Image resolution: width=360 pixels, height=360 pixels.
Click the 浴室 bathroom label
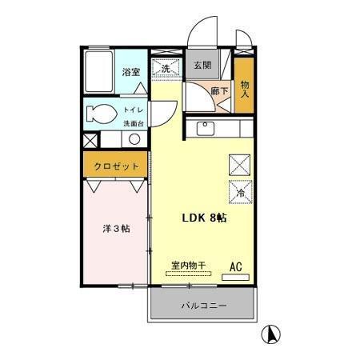tap(132, 72)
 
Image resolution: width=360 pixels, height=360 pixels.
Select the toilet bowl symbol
tap(99, 113)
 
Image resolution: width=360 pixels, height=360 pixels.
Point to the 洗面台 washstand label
tap(133, 123)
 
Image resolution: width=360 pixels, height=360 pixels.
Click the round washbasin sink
tap(134, 139)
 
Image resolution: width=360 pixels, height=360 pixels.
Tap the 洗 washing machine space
tap(166, 70)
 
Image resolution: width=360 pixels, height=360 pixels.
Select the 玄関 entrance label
tap(202, 65)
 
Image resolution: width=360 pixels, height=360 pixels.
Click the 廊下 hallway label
tap(219, 92)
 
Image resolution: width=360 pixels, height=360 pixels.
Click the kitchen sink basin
tap(204, 128)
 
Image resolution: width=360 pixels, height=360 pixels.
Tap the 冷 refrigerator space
tap(241, 192)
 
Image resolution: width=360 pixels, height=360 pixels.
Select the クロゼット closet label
tap(117, 166)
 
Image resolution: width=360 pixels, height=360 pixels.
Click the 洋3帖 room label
tap(116, 229)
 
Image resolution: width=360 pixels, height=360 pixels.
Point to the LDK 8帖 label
tap(204, 218)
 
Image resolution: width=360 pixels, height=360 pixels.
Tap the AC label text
tap(236, 265)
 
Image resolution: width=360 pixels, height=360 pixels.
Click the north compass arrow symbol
tap(272, 335)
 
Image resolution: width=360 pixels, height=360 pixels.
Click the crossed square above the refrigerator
tap(239, 163)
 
